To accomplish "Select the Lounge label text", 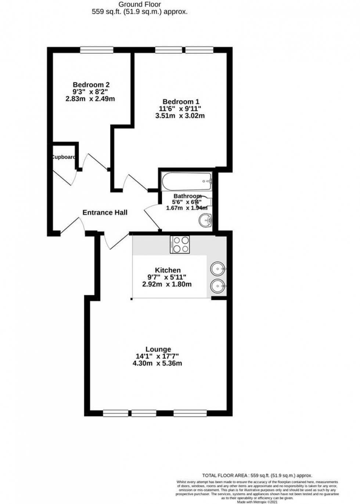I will click(x=158, y=349).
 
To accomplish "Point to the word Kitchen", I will click(x=167, y=270).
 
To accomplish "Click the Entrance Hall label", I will click(x=105, y=212).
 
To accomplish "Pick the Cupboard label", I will click(x=64, y=157).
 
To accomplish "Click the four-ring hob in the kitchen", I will click(x=180, y=244).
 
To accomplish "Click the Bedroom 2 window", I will click(x=97, y=50).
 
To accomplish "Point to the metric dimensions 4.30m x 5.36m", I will click(x=158, y=364).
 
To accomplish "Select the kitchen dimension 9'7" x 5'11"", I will click(x=167, y=277).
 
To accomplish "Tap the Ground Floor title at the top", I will click(x=139, y=4).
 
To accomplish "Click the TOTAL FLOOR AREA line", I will click(x=257, y=475).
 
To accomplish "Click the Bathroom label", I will click(x=187, y=196).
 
